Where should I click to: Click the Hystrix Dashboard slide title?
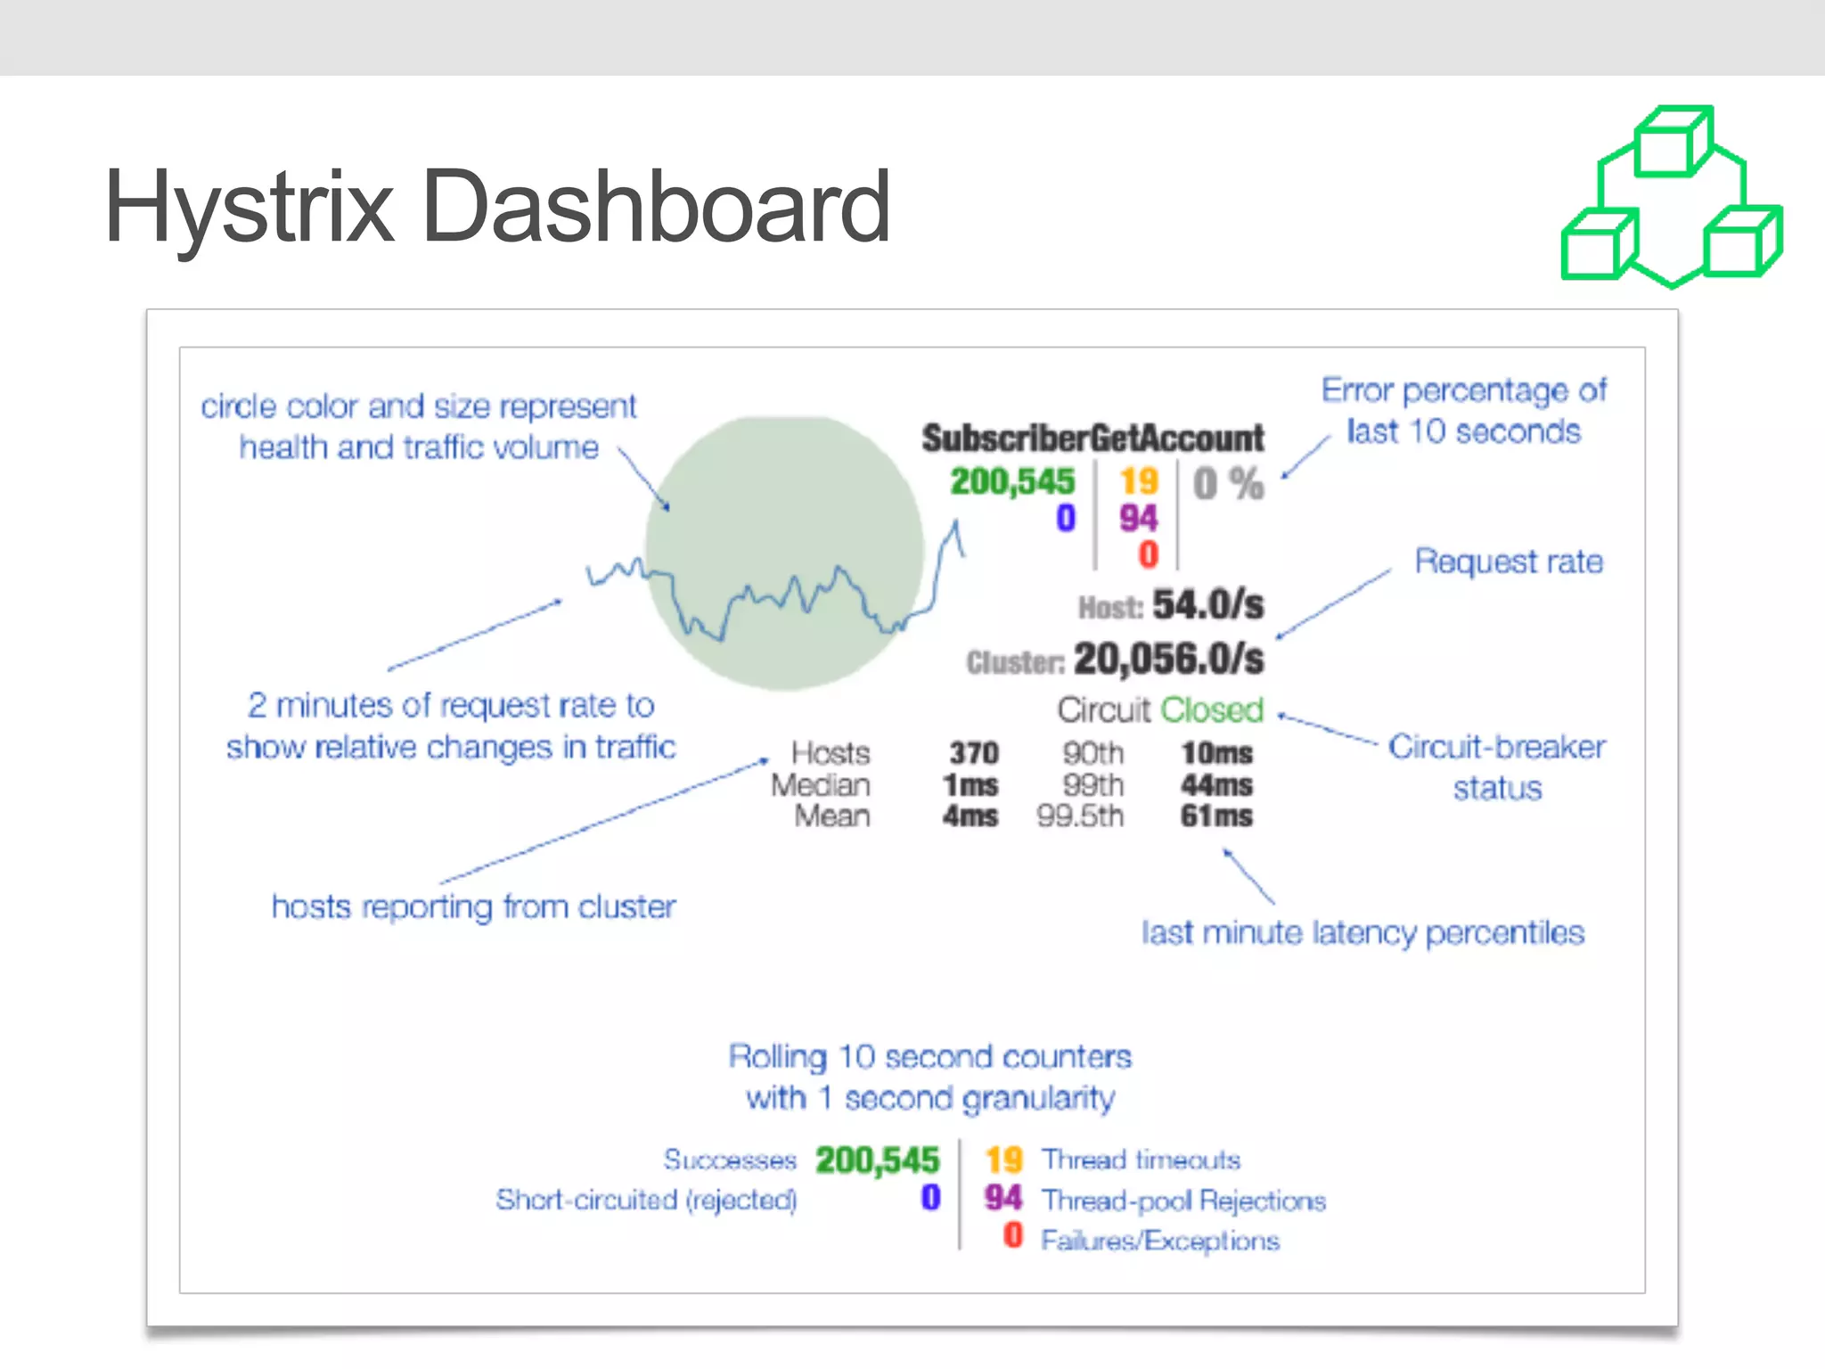pyautogui.click(x=497, y=208)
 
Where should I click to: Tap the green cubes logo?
pyautogui.click(x=1672, y=198)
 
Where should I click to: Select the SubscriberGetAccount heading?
pyautogui.click(x=1093, y=439)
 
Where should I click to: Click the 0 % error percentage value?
pyautogui.click(x=1228, y=484)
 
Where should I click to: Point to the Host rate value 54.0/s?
pyautogui.click(x=1207, y=605)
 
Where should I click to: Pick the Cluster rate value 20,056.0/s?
pyautogui.click(x=1168, y=660)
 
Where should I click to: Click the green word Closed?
pyautogui.click(x=1212, y=710)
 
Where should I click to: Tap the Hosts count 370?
pyautogui.click(x=973, y=754)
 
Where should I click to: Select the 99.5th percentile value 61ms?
pyautogui.click(x=1216, y=816)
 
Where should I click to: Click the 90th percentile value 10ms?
pyautogui.click(x=1216, y=754)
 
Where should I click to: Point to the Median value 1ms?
pyautogui.click(x=970, y=786)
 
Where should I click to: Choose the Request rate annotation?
pyautogui.click(x=1509, y=562)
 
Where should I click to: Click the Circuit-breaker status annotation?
pyautogui.click(x=1497, y=767)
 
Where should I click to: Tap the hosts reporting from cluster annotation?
pyautogui.click(x=473, y=907)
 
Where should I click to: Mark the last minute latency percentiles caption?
pyautogui.click(x=1363, y=933)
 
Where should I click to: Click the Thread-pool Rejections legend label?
pyautogui.click(x=1183, y=1201)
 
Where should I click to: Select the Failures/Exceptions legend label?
pyautogui.click(x=1159, y=1241)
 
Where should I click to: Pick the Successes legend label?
pyautogui.click(x=729, y=1160)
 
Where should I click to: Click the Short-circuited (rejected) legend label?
pyautogui.click(x=646, y=1200)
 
